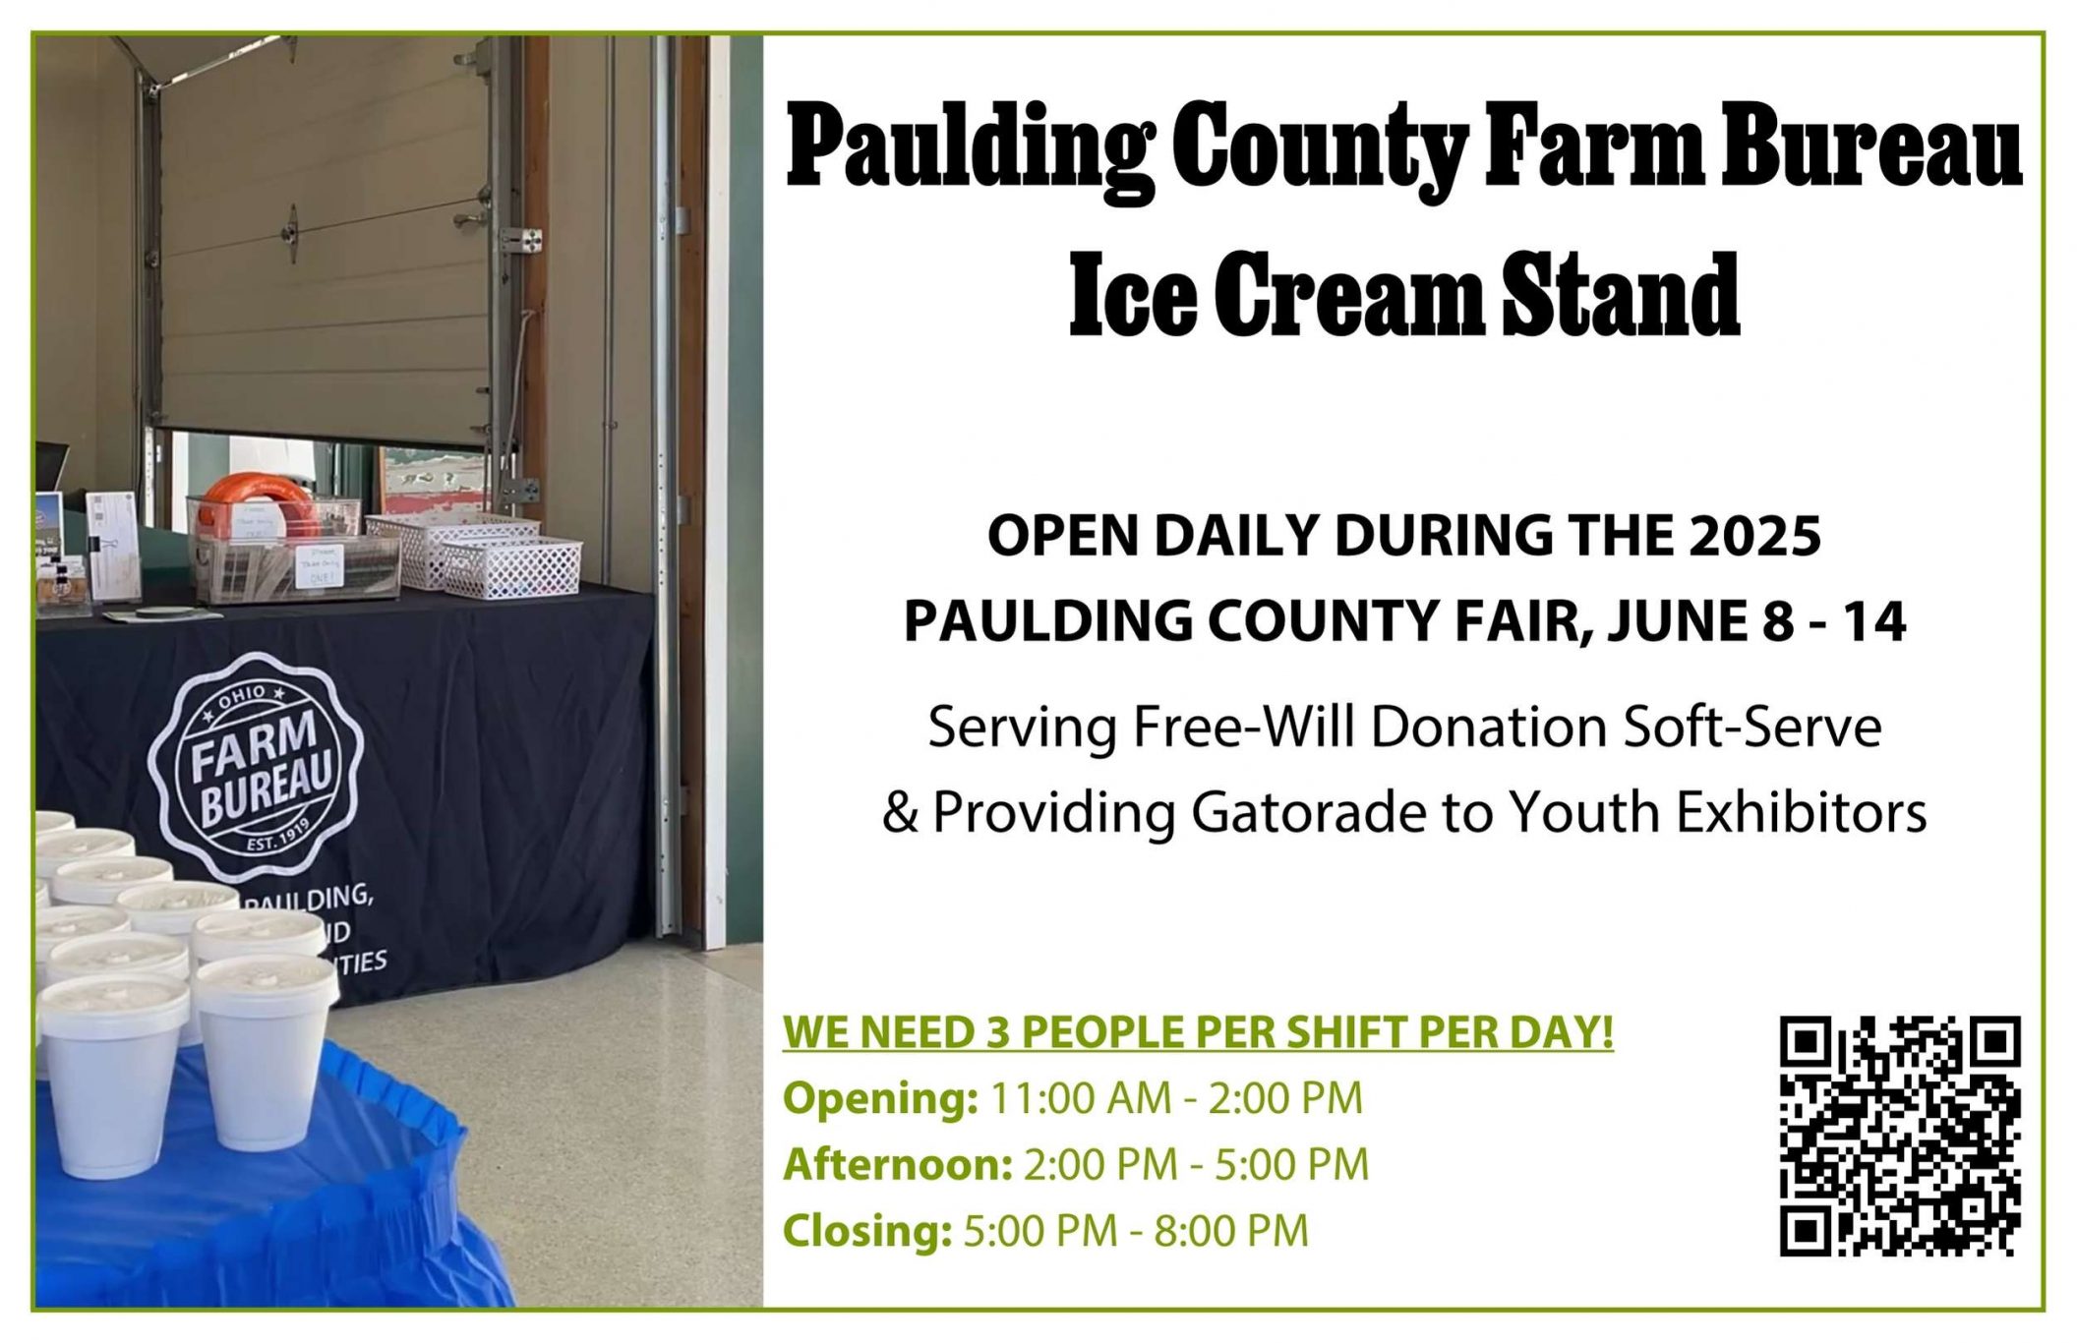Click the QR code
1899,1136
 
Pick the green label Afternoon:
898,1165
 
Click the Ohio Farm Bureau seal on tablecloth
257,768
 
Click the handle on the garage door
292,232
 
